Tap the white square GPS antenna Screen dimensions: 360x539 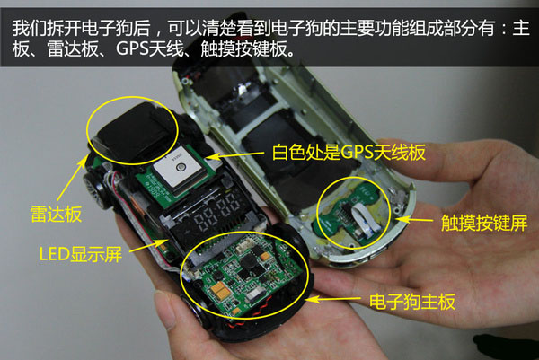tap(176, 167)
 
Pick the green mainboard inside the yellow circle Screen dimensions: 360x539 tap(243, 275)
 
